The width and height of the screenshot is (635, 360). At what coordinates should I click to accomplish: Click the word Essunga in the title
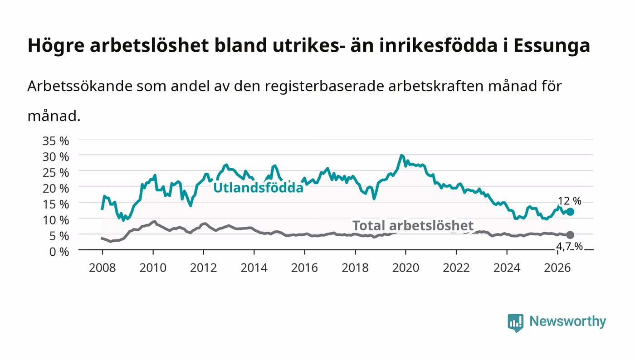pos(552,46)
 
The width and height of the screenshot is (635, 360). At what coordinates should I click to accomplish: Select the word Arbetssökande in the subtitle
pos(80,86)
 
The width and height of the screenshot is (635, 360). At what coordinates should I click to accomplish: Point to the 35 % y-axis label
pos(56,141)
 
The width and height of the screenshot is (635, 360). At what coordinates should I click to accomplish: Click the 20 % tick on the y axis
pos(56,189)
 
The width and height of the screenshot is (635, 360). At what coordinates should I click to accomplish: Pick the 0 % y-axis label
pos(59,252)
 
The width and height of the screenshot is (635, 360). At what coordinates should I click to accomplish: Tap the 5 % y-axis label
pos(59,236)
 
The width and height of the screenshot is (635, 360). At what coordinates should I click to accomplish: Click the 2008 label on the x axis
pos(103,268)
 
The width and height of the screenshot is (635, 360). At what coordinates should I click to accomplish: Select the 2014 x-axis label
pos(254,268)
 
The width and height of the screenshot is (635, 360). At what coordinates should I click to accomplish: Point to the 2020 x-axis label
pos(405,268)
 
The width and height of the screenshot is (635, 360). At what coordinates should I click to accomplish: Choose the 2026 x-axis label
pos(557,268)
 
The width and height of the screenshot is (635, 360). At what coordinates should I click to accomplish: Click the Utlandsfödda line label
pos(258,188)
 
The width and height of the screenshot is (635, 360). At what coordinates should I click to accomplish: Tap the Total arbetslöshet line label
pos(413,226)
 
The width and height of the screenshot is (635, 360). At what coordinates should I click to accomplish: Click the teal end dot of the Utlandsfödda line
pos(570,212)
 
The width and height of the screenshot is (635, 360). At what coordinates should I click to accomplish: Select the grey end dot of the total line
pos(570,235)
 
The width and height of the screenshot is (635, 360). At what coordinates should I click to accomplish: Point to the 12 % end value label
pos(570,201)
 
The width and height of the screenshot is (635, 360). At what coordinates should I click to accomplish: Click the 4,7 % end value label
pos(570,247)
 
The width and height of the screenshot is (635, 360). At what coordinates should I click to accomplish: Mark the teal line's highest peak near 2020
pos(401,156)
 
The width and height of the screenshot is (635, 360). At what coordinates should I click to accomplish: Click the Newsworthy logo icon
pos(515,323)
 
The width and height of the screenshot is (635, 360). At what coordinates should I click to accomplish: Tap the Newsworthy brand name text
pos(568,321)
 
